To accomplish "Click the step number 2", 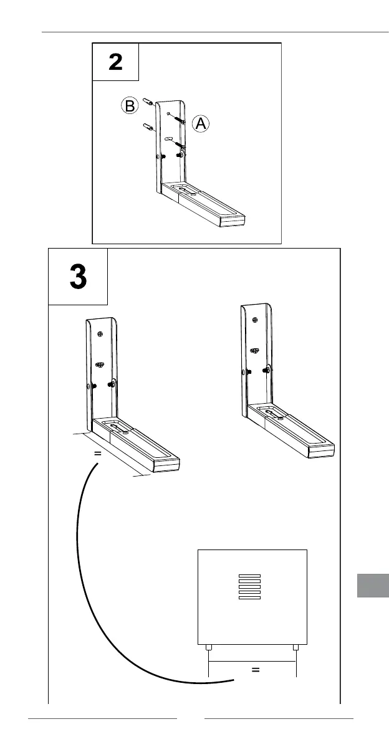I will click(x=115, y=62).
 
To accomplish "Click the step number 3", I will click(x=79, y=277).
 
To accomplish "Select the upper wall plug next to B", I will click(x=147, y=101).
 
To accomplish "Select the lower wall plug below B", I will click(x=148, y=128).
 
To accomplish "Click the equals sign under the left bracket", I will click(x=97, y=454).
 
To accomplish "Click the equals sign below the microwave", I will click(x=254, y=670).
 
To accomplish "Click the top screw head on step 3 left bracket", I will click(x=100, y=334).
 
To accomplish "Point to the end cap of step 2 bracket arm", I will click(x=236, y=220).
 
